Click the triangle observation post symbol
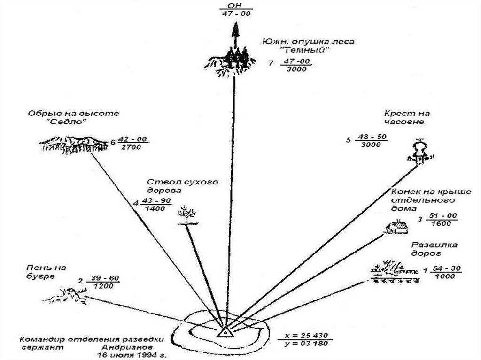[x=225, y=331]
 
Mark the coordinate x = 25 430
[x=305, y=336]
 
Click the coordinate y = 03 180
[x=305, y=344]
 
